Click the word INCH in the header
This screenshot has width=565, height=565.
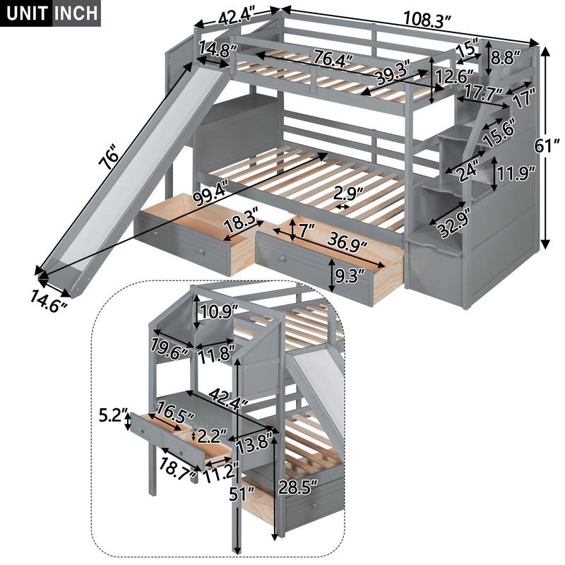click(74, 13)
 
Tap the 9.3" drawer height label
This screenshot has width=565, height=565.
click(356, 272)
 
